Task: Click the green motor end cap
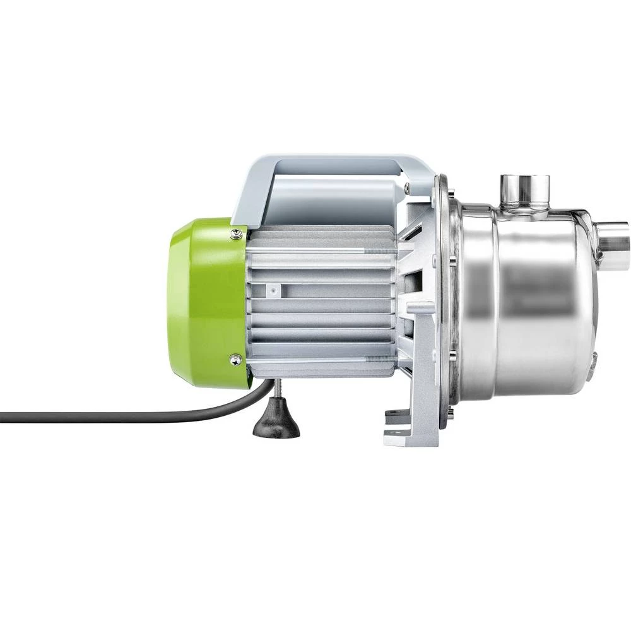pos(202,303)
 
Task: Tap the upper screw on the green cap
pos(236,235)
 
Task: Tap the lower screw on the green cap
pos(235,360)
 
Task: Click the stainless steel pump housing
pos(530,303)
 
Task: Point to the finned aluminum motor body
pos(322,303)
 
